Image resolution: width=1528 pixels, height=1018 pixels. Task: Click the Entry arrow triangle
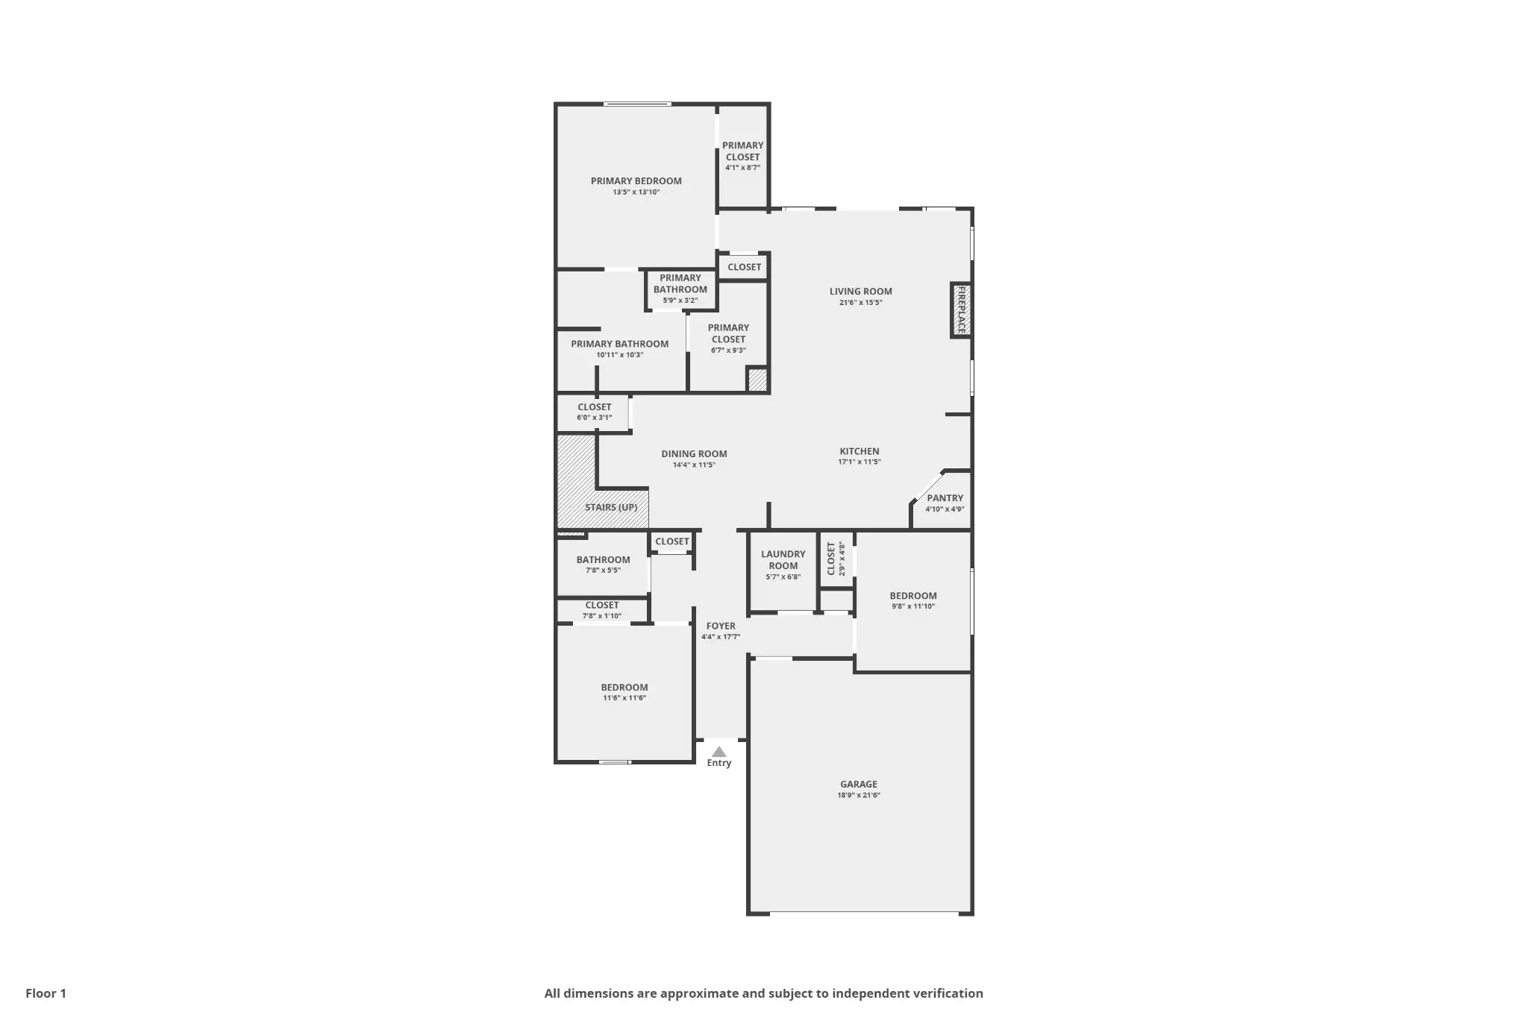click(x=718, y=752)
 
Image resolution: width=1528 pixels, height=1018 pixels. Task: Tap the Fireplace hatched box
click(x=961, y=310)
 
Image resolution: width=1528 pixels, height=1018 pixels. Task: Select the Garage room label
click(x=859, y=784)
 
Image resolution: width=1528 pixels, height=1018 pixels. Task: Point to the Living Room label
click(x=860, y=292)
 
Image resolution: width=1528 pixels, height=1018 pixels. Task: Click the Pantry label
click(x=945, y=498)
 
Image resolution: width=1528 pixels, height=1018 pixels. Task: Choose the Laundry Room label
click(x=783, y=559)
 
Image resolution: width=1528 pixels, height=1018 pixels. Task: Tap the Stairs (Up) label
click(x=611, y=507)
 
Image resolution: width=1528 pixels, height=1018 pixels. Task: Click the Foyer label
click(x=721, y=626)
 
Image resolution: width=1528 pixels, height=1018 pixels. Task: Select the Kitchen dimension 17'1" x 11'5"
click(x=859, y=462)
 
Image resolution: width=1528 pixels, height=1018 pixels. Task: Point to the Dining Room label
click(x=694, y=453)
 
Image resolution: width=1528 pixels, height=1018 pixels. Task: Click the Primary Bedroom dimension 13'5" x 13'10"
click(x=636, y=192)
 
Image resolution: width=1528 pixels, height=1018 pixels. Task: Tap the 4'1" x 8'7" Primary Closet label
click(x=742, y=156)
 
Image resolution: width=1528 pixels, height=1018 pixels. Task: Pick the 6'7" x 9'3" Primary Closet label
click(x=728, y=338)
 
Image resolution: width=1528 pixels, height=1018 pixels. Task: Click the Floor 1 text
click(x=46, y=993)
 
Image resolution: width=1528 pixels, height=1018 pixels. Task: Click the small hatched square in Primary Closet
click(x=757, y=380)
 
